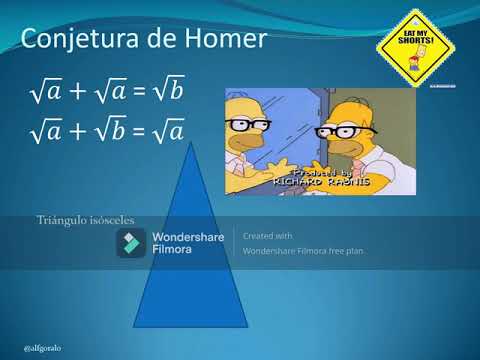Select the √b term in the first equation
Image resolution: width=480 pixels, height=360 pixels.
171,94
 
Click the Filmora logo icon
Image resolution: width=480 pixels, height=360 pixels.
131,243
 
